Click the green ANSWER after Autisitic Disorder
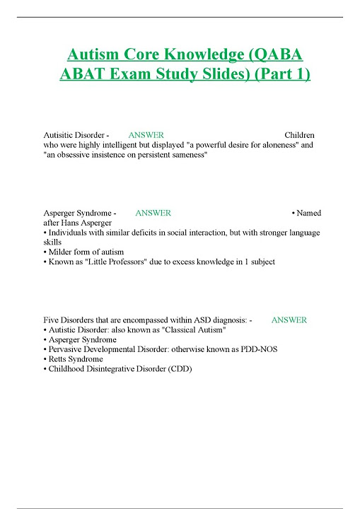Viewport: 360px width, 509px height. pyautogui.click(x=146, y=135)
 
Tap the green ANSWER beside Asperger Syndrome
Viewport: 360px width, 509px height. pyautogui.click(x=153, y=213)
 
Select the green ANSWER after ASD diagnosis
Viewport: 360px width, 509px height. pyautogui.click(x=289, y=320)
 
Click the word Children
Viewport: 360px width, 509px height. pyautogui.click(x=299, y=135)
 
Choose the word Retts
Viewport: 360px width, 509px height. pyautogui.click(x=59, y=359)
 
